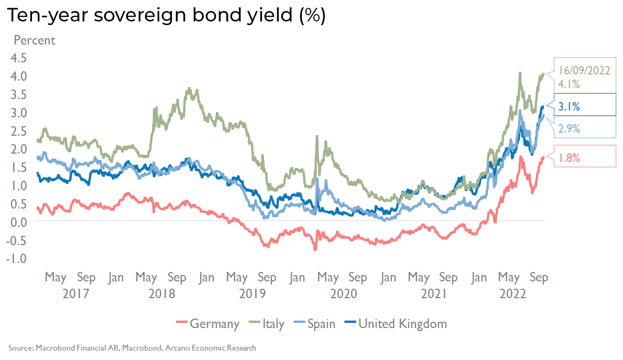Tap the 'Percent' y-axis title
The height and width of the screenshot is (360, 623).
tap(34, 40)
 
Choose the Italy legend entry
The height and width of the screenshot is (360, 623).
tap(273, 324)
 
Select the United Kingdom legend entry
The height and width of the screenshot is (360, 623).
tap(402, 324)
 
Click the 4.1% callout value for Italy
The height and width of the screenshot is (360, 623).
tap(569, 84)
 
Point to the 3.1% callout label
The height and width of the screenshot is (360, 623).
tap(569, 107)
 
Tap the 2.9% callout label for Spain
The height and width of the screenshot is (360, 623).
tap(569, 128)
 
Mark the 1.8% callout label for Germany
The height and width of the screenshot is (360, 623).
tap(569, 158)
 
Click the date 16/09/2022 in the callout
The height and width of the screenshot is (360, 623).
tap(584, 71)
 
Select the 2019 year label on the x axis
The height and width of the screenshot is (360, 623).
tap(252, 293)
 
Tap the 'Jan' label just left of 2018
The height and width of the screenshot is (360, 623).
tap(116, 278)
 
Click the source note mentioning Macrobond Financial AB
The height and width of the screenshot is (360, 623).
tap(132, 348)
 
